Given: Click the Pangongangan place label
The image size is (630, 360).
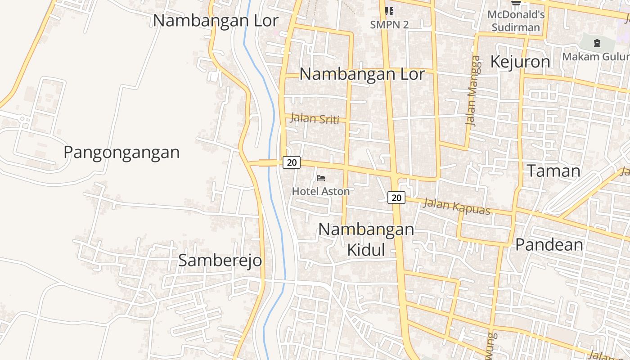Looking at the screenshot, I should coord(121,153).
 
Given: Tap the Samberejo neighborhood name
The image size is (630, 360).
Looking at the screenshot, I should coord(220,260).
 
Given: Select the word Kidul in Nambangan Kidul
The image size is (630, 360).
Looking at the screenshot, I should coord(366,250).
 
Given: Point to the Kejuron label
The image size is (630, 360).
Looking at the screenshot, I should coord(520,62).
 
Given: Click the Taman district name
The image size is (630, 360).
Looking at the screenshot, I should coord(553,171).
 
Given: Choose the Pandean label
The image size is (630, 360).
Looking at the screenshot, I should coord(549,245).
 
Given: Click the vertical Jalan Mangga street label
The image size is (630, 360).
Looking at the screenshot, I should coord(472,90).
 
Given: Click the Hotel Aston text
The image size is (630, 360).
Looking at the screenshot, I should coord(321,191).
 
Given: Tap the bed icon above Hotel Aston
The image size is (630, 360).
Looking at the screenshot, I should coord(321,178).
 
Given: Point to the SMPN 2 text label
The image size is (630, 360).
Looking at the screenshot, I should coord(389,25).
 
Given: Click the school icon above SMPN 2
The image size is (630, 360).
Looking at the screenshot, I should coord(389,11).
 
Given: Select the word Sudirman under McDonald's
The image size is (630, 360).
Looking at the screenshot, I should coord(516,27).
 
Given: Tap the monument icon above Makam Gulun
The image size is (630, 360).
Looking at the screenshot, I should coord(597,43).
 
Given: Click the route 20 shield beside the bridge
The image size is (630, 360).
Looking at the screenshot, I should coord(292,162).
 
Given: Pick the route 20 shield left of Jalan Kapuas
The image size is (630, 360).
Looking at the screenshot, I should coord(396,197).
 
